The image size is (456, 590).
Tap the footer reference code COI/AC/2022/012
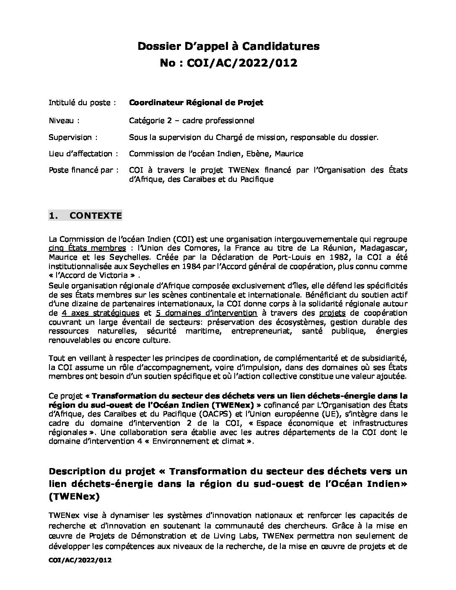(x=80, y=560)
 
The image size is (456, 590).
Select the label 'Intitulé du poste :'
(x=82, y=103)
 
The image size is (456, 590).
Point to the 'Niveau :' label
(x=64, y=121)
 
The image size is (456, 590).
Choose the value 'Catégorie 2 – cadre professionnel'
(x=192, y=121)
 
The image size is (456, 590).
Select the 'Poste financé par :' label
(x=83, y=170)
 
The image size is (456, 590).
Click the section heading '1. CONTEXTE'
(x=85, y=216)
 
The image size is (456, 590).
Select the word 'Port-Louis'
(x=300, y=257)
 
